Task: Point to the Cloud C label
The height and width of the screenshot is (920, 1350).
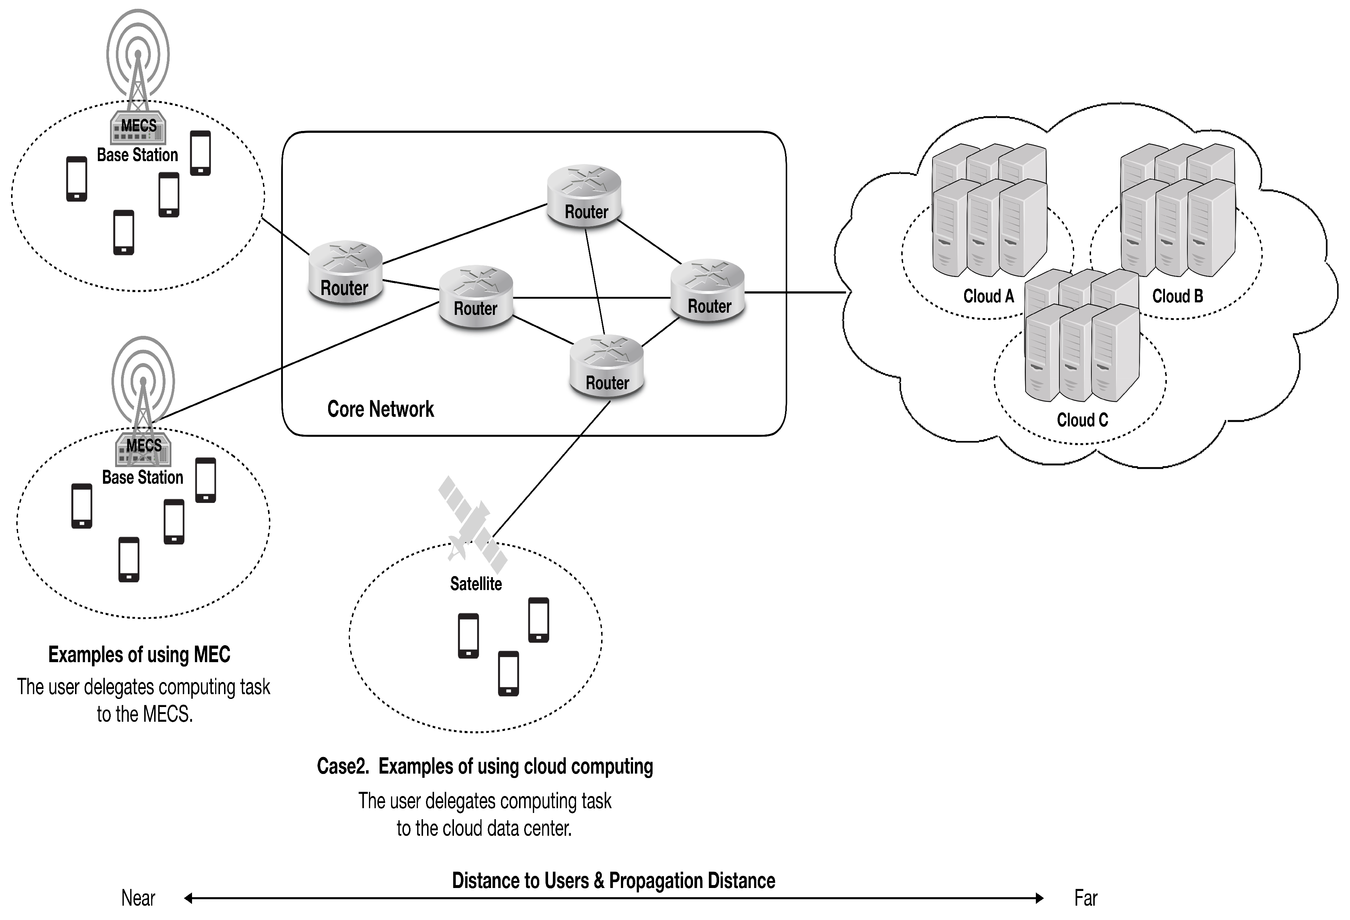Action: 1081,420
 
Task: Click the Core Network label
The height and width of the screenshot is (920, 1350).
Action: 380,409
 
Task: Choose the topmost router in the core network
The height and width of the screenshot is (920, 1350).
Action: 585,196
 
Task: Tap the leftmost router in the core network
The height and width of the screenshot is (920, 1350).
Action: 345,272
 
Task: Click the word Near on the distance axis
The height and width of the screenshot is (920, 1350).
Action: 138,898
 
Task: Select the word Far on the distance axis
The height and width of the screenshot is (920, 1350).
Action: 1085,898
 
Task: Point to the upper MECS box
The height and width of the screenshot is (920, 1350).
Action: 138,128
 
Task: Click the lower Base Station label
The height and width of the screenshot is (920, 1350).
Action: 142,477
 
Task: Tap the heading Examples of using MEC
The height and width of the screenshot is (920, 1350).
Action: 139,654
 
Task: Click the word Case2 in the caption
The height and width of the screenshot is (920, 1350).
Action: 343,767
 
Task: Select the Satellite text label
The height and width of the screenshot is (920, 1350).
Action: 476,584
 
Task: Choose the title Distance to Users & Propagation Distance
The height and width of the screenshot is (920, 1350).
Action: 614,881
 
